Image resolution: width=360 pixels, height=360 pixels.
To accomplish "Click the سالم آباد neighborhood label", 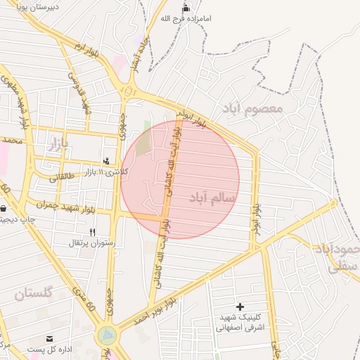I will [x=212, y=198].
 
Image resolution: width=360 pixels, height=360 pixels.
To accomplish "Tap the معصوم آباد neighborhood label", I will [x=252, y=108].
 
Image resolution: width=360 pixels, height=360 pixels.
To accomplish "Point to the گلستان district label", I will [x=34, y=292].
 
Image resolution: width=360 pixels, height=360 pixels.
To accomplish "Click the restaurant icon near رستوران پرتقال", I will [x=92, y=231].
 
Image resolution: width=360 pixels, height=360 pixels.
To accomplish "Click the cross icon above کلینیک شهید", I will [x=240, y=307].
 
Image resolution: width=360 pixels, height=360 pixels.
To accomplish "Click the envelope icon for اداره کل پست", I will [x=50, y=338].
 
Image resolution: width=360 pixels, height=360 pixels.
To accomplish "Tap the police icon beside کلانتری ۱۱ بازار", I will [x=106, y=161].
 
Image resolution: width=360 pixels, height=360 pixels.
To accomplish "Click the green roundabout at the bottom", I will [x=107, y=336].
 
